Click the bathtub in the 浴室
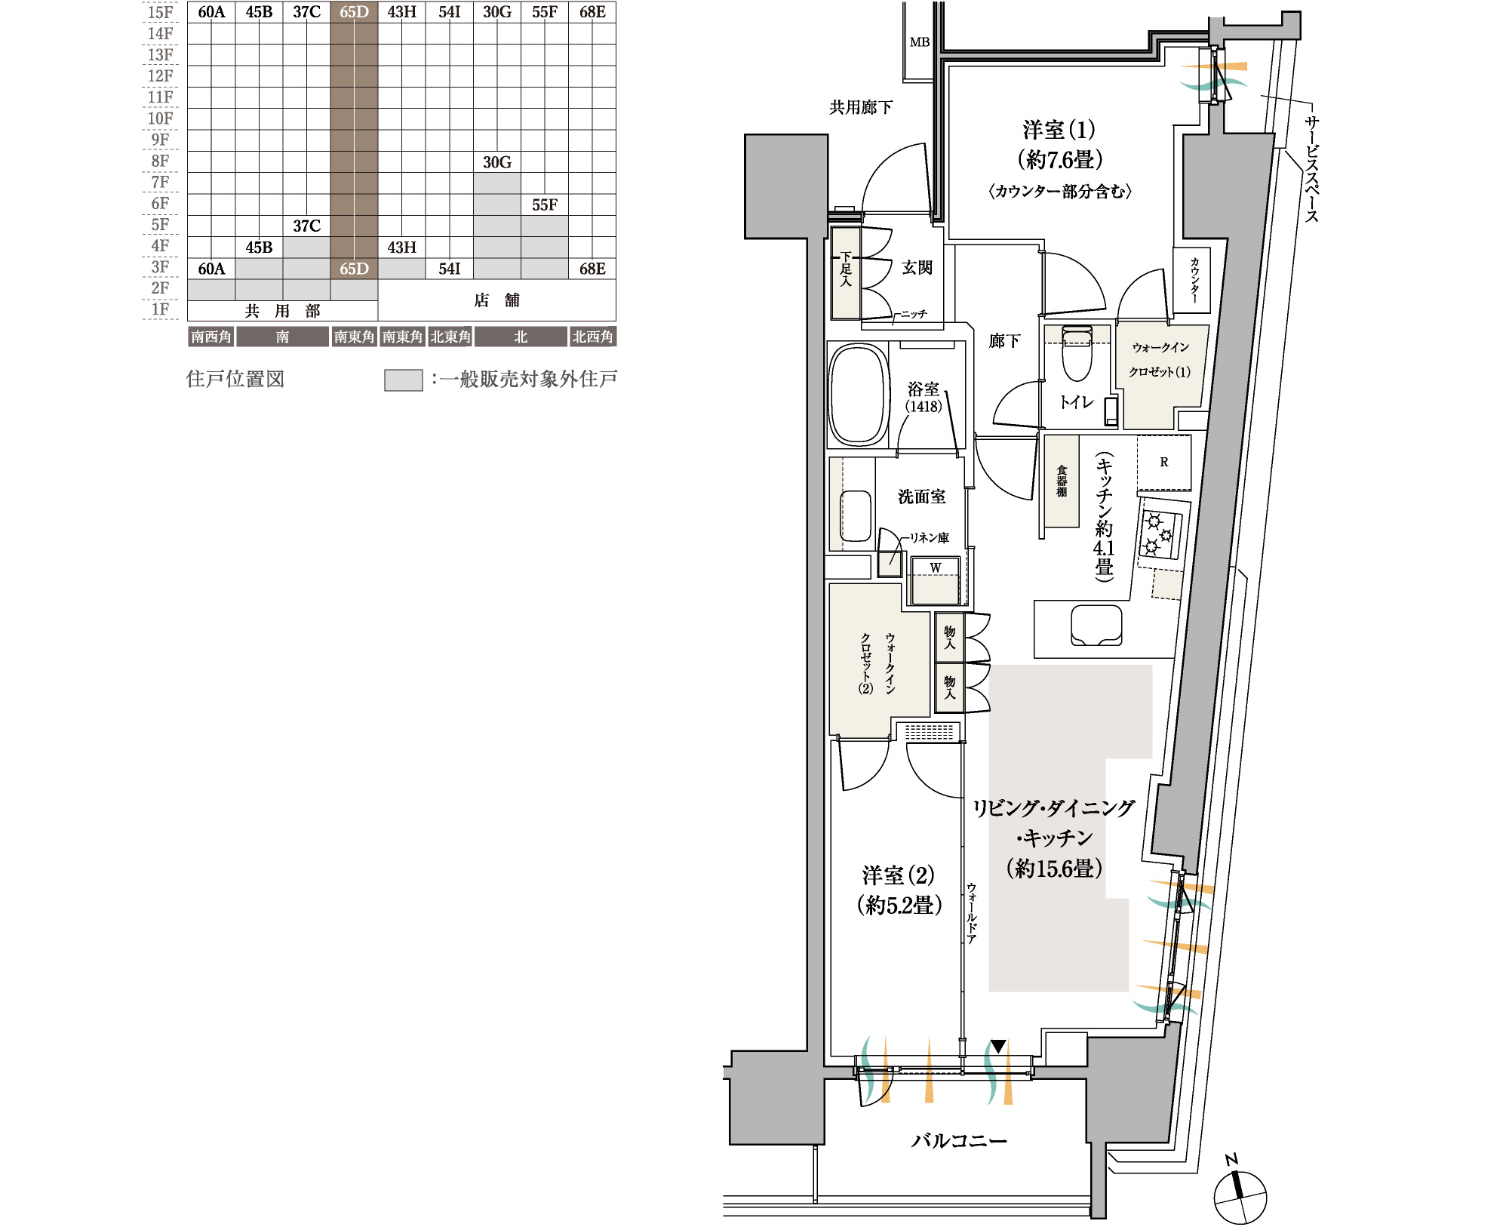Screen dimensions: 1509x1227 click(x=858, y=394)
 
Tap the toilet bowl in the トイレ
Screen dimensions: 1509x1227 click(x=1077, y=355)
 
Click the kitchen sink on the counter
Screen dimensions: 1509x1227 click(x=1096, y=625)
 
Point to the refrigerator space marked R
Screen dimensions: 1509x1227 click(x=1164, y=462)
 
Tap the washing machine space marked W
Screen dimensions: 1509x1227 click(x=936, y=580)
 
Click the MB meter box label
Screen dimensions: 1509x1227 click(x=920, y=42)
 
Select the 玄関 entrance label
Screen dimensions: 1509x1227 click(x=917, y=268)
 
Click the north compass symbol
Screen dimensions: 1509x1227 click(x=1240, y=1195)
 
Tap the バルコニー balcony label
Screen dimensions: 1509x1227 click(x=959, y=1140)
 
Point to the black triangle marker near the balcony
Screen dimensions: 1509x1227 click(x=998, y=1047)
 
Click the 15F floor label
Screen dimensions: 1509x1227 click(x=160, y=12)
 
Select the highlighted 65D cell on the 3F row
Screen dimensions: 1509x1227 click(x=354, y=269)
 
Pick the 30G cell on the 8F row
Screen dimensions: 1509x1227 click(x=497, y=162)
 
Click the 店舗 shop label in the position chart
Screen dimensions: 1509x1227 click(x=496, y=300)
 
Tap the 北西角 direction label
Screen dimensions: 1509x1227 click(x=592, y=337)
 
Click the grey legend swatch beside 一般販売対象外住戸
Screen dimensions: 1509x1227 click(x=404, y=380)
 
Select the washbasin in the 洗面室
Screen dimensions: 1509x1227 click(x=856, y=516)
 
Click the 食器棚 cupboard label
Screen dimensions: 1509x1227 click(x=1062, y=481)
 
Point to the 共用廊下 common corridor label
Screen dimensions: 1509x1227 click(x=861, y=107)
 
